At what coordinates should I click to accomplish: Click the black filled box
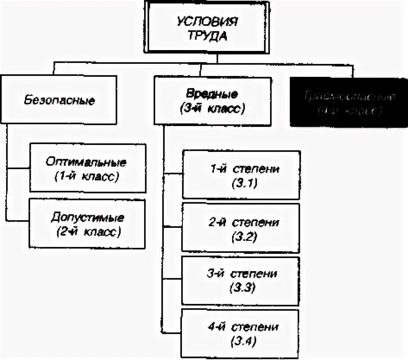[x=348, y=102]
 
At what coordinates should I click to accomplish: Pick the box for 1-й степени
[x=241, y=174]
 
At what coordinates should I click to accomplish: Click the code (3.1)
[x=241, y=183]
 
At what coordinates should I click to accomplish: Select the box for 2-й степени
[x=241, y=227]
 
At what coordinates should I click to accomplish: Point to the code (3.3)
[x=241, y=288]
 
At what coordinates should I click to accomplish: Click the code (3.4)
[x=241, y=342]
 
